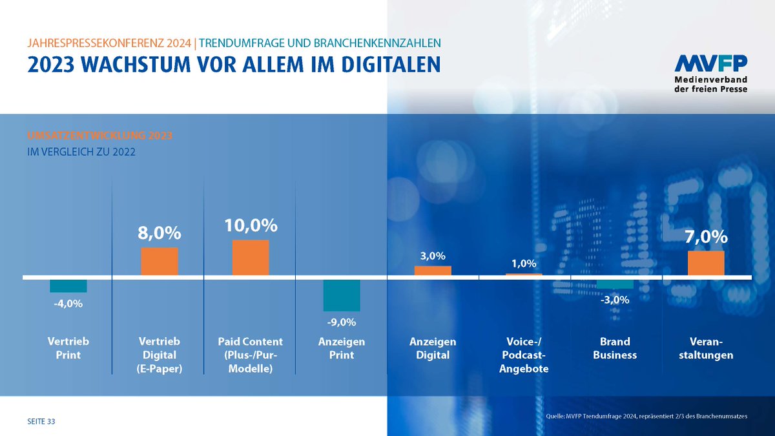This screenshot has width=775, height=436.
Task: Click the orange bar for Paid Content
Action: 250,257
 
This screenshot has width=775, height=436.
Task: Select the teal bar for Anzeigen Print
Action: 342,295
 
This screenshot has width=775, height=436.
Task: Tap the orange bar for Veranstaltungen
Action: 706,263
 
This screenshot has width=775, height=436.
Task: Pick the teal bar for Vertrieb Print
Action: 68,286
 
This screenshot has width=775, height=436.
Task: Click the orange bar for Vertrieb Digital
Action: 159,261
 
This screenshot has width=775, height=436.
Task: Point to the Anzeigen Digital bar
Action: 433,271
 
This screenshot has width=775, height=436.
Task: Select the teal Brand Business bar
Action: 615,284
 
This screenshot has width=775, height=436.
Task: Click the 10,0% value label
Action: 251,225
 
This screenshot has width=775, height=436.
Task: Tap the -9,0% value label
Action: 342,322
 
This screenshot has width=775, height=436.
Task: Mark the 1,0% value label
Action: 524,264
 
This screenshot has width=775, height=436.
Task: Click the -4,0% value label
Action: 68,304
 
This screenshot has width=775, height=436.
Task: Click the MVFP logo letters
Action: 711,64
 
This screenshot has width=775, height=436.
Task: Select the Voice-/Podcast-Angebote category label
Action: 524,355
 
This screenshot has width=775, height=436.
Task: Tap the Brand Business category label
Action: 615,348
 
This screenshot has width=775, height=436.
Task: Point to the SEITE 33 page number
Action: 41,421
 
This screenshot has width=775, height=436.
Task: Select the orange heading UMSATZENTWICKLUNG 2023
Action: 100,137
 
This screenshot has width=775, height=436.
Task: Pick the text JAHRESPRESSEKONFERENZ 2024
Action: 108,43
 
